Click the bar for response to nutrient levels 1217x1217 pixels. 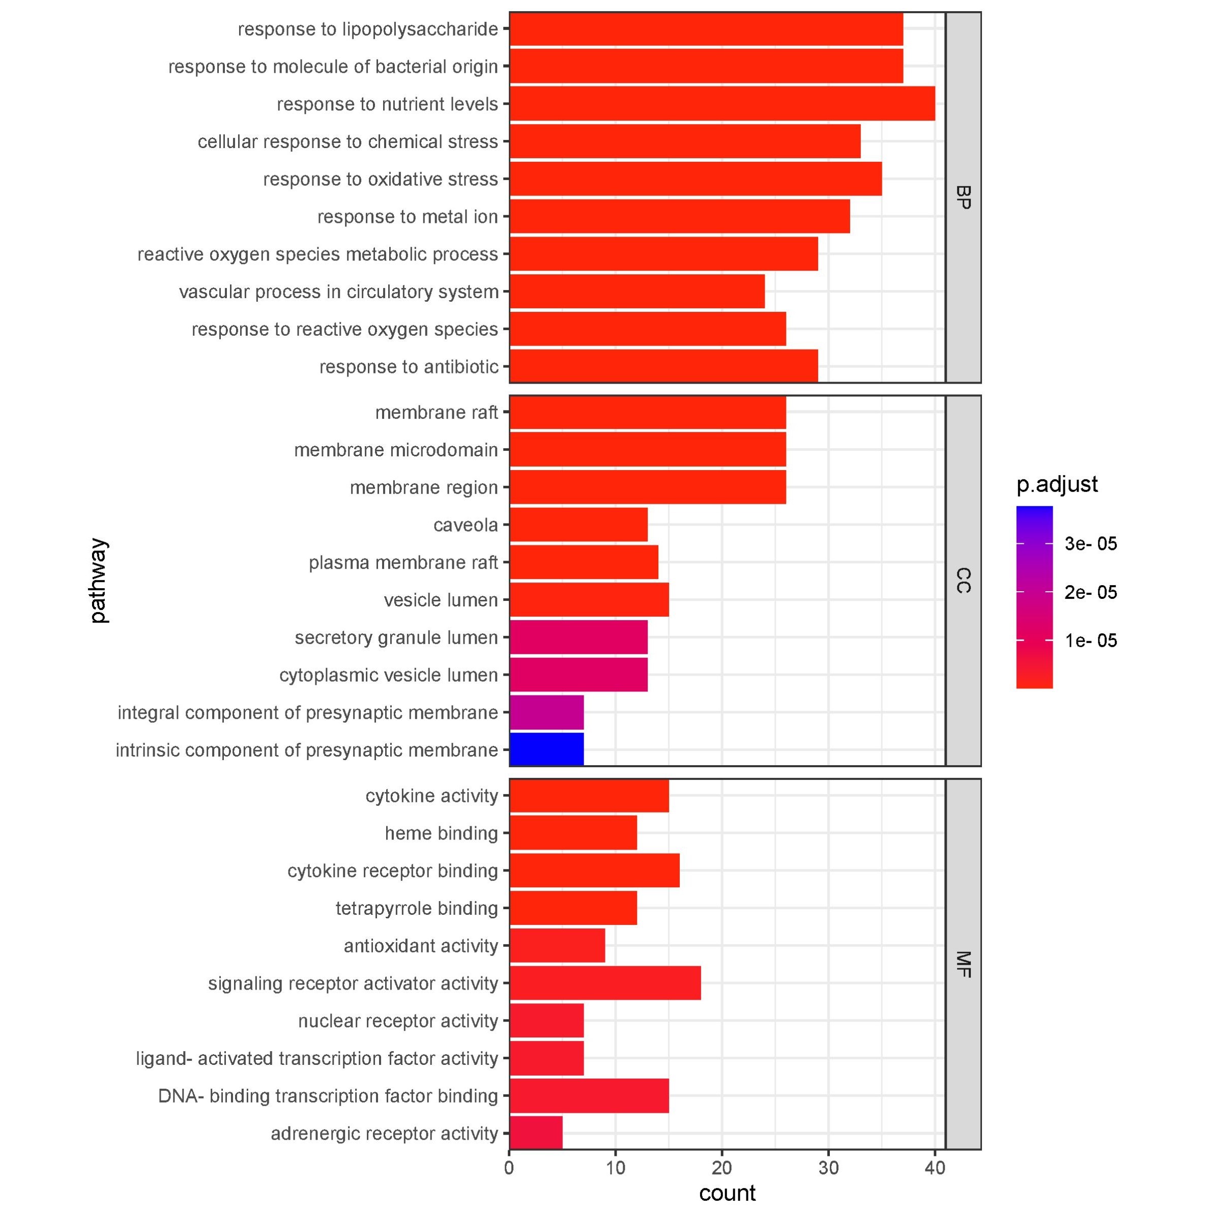(722, 104)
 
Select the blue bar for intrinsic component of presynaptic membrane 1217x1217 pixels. (546, 749)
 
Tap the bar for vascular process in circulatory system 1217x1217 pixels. (637, 292)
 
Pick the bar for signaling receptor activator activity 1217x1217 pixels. (605, 983)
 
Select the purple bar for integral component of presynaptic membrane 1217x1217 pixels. (546, 712)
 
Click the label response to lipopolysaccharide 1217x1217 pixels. (368, 30)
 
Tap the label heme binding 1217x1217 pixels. (441, 833)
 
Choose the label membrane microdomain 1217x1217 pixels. (396, 450)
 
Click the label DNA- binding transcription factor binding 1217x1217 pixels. (328, 1096)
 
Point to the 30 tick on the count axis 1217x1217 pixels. (828, 1169)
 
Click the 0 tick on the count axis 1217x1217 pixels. (509, 1169)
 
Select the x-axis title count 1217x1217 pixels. (727, 1193)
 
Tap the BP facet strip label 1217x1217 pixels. (963, 197)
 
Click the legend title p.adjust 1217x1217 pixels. (1057, 484)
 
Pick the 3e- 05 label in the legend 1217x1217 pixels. (1090, 543)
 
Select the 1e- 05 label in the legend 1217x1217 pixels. (1090, 641)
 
